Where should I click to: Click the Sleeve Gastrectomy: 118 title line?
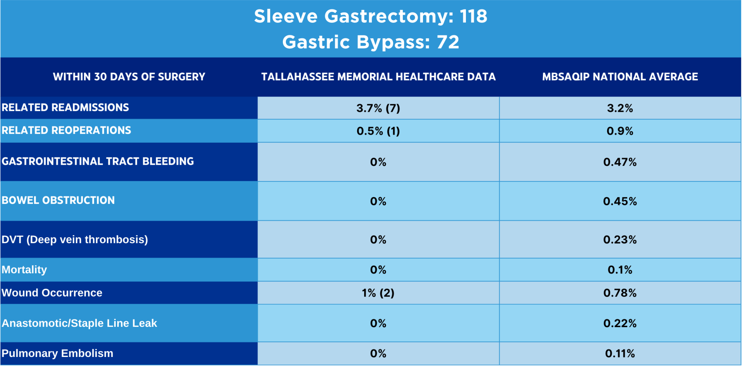point(370,17)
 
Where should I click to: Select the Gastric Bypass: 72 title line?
point(370,42)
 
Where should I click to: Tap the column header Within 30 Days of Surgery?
point(129,77)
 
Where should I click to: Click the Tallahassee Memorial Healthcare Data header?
point(378,77)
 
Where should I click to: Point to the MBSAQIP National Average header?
point(620,77)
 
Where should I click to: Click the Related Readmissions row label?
point(65,108)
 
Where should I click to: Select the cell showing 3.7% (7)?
point(378,108)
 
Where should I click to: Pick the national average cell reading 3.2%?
point(620,108)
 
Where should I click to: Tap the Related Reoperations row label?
point(67,130)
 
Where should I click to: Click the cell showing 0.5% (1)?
point(378,131)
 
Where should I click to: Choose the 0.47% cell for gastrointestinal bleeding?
point(620,162)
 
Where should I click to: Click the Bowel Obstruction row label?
point(58,200)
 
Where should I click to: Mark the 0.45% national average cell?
point(620,201)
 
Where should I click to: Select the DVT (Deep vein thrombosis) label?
point(75,240)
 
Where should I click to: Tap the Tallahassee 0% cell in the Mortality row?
point(378,270)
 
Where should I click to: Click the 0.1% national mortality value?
point(620,270)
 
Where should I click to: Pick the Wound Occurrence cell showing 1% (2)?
point(378,293)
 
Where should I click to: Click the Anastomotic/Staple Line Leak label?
point(79,323)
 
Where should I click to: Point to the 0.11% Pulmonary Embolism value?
point(620,353)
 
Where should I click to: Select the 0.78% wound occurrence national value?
point(620,293)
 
